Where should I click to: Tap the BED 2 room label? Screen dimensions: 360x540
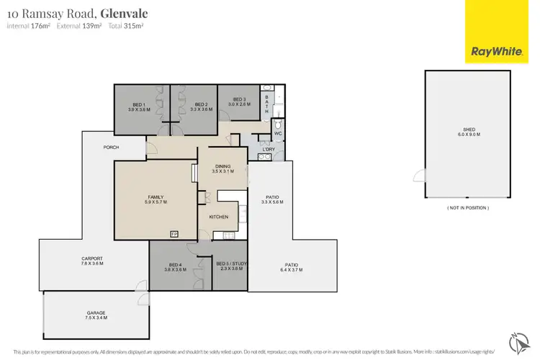tap(201, 104)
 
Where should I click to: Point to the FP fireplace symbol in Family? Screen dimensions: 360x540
tap(174, 234)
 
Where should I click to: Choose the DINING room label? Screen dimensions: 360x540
tap(222, 166)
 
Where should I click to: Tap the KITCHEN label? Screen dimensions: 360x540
tap(219, 216)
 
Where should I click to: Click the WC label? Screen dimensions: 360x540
tap(277, 133)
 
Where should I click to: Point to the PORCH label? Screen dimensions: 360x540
tap(111, 148)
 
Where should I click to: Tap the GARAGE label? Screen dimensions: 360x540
tap(91, 312)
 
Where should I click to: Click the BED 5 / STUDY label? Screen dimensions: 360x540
tap(231, 264)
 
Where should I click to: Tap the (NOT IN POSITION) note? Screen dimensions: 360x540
tap(468, 207)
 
